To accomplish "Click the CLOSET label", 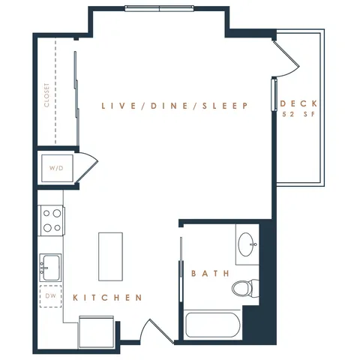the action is click(x=46, y=95).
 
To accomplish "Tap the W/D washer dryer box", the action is click(x=57, y=168).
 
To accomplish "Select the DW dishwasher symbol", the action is click(x=51, y=296).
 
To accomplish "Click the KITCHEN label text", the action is click(x=107, y=298).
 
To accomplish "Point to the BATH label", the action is click(x=211, y=273).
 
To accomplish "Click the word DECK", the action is click(x=298, y=103).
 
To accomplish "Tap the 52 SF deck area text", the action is click(x=298, y=114).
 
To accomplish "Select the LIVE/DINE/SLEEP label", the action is click(x=175, y=106).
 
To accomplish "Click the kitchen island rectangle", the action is click(x=110, y=256).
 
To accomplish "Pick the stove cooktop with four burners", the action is click(x=52, y=220).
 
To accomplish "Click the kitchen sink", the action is click(x=50, y=268).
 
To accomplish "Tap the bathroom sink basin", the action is click(x=246, y=244).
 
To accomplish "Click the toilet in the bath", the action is click(x=245, y=288).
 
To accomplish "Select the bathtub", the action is click(x=212, y=325).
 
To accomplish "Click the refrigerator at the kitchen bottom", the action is click(x=96, y=331).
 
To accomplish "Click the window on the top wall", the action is click(x=160, y=8).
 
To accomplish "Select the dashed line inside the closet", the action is click(x=55, y=91).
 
